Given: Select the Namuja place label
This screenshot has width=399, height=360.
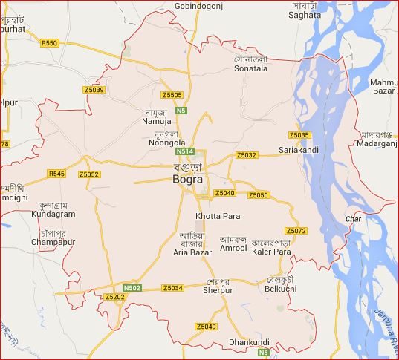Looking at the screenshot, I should (157, 120).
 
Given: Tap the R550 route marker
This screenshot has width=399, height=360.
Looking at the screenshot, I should (49, 44).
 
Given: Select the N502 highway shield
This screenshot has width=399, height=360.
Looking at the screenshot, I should (132, 287).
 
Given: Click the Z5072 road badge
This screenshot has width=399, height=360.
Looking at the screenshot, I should (296, 232).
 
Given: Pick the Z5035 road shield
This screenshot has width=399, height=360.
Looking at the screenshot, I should (299, 135).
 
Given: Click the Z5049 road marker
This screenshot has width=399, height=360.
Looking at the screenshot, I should (206, 327).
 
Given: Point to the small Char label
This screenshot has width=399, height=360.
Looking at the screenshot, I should (353, 219).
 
